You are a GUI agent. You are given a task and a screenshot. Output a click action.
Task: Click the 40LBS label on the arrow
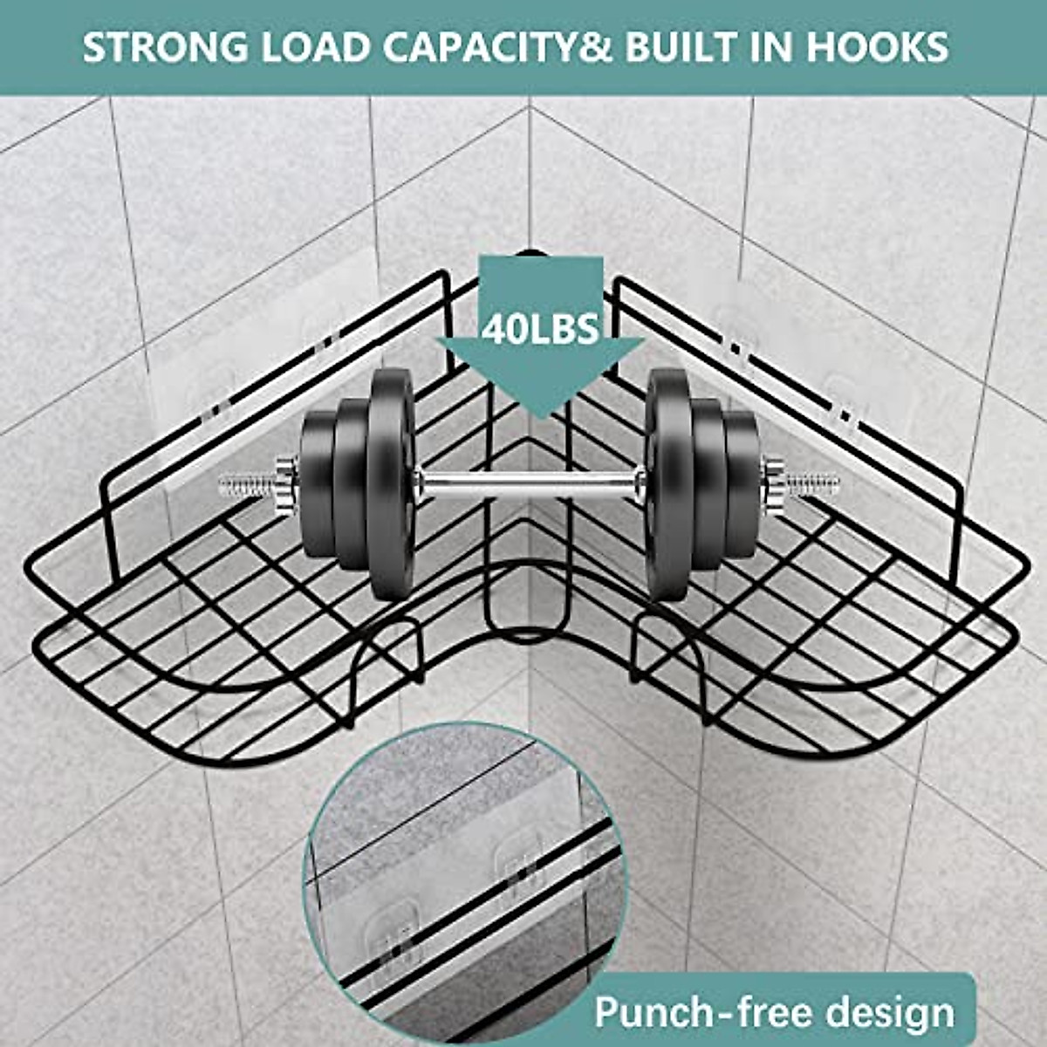coord(540,330)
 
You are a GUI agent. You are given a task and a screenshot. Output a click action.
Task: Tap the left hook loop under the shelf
coord(389,654)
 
